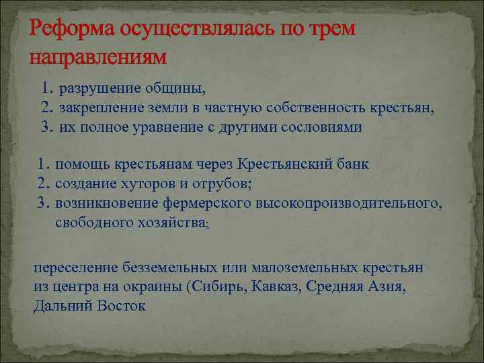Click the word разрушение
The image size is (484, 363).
pos(99,89)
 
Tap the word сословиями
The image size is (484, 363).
pos(319,127)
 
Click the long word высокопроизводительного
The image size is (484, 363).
pos(348,202)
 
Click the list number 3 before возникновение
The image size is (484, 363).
pos(42,202)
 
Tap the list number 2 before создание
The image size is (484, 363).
pos(42,184)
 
